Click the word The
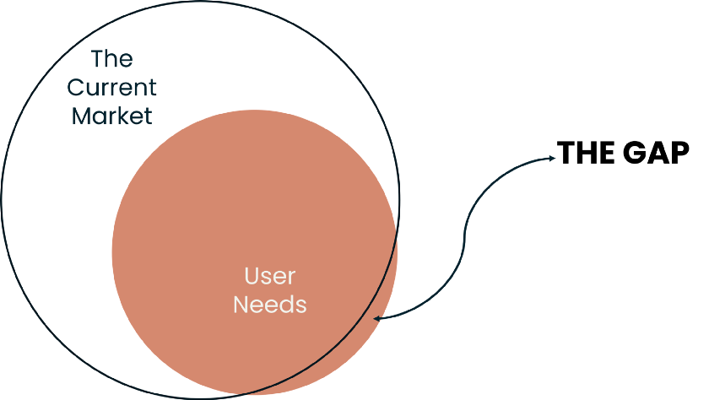(x=112, y=59)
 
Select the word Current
(x=112, y=87)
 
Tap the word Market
(x=112, y=115)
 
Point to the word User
(x=270, y=276)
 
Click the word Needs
(x=270, y=305)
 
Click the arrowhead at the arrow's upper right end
(x=552, y=158)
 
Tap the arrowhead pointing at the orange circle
(x=377, y=318)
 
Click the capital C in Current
(x=76, y=87)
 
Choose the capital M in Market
(x=81, y=115)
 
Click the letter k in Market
(x=123, y=115)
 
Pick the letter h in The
(x=112, y=59)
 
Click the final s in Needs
(x=301, y=305)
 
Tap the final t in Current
(x=153, y=87)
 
